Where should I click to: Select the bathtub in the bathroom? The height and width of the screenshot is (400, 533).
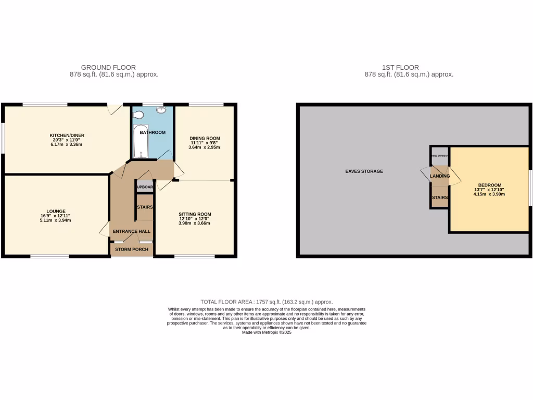click(x=141, y=141)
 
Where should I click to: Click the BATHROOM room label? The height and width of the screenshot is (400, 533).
click(x=152, y=132)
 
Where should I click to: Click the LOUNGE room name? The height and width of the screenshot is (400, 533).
click(x=55, y=211)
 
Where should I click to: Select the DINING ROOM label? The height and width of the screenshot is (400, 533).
click(x=204, y=138)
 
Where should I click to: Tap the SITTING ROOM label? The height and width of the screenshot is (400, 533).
click(x=195, y=214)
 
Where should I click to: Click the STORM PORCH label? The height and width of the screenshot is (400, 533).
click(x=132, y=249)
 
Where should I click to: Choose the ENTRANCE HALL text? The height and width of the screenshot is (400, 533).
click(x=131, y=231)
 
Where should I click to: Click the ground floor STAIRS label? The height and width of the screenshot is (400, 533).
click(x=144, y=207)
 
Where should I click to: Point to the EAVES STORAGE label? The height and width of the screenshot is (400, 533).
click(x=364, y=171)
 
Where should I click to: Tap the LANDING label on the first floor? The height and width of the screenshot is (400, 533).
click(x=440, y=177)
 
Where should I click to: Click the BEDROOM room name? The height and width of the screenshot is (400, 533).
click(x=489, y=185)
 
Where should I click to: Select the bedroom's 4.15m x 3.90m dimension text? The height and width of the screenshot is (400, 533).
click(x=489, y=194)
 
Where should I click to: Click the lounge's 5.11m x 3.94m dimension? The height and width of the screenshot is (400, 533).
click(x=55, y=220)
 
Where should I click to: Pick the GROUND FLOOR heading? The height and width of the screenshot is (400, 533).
click(x=108, y=67)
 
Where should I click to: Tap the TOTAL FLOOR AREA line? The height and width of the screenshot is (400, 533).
click(x=266, y=302)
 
